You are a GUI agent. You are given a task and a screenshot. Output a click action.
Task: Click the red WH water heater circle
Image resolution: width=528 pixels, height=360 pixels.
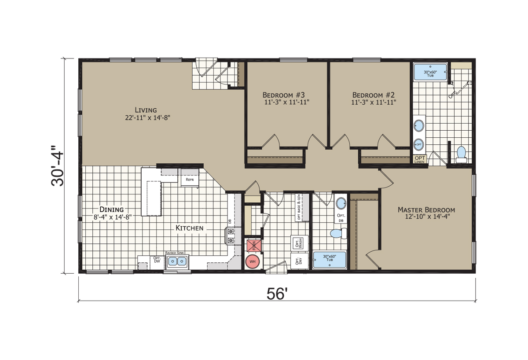point(252,261)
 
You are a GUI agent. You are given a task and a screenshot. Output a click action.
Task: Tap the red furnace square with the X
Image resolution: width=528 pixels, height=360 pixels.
point(253,246)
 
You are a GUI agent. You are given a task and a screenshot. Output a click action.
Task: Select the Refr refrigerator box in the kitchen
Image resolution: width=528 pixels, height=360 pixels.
point(190,180)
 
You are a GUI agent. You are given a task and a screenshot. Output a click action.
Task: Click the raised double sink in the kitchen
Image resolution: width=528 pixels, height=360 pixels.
point(176,262)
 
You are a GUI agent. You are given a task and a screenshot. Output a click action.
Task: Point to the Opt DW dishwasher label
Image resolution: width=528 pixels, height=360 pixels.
point(156,260)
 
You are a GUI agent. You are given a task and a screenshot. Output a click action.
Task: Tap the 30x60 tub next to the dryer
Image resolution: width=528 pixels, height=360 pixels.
point(330,260)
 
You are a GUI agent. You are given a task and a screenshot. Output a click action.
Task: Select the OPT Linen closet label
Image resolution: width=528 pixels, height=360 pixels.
point(420,159)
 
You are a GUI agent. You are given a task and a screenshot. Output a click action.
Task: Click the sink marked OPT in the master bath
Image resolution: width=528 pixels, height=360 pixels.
point(419,143)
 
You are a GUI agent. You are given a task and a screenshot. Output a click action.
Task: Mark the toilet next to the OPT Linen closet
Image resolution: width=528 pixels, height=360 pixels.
point(461,154)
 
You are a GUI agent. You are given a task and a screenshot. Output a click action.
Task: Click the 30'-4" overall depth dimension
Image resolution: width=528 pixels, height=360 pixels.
point(58,166)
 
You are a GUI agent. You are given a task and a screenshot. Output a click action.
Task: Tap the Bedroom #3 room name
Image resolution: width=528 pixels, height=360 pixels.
point(281,95)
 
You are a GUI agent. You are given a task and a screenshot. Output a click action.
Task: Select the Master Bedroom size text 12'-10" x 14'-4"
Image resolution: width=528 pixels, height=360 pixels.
point(426,217)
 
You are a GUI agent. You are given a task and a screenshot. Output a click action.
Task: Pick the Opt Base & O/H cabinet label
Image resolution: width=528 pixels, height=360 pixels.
point(299,207)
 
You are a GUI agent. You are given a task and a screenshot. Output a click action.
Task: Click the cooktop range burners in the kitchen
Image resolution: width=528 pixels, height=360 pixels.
point(230,235)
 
